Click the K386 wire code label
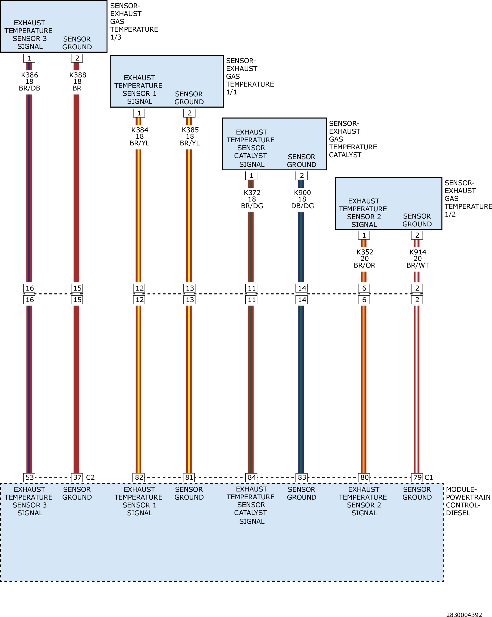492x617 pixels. pos(29,75)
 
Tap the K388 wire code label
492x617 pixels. pos(78,75)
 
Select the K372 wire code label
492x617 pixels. pos(252,192)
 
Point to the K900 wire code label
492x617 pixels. pos(302,192)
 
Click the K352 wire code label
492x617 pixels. pos(365,252)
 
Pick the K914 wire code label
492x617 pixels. pos(418,252)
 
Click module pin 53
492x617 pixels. pos(30,477)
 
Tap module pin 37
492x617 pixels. pos(77,477)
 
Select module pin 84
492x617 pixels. pos(252,477)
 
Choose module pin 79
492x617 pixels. pos(417,477)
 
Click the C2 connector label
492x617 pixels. pos(90,477)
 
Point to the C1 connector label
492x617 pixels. pos(429,477)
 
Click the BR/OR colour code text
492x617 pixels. pos(364,265)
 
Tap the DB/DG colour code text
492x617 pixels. pos(303,206)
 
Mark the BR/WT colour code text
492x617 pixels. pos(418,265)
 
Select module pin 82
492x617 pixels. pos(139,477)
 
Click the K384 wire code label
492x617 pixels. pos(140,130)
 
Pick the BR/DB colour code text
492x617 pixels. pos(29,88)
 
